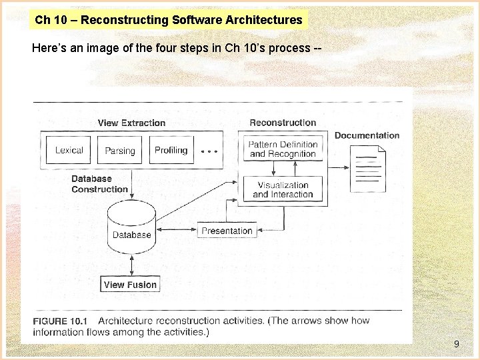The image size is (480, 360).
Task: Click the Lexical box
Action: (69, 150)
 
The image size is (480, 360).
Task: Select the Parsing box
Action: (120, 151)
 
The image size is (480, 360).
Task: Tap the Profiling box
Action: (171, 150)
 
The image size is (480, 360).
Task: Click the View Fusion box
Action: (130, 285)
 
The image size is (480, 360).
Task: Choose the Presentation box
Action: (227, 231)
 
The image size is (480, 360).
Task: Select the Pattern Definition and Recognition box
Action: (283, 149)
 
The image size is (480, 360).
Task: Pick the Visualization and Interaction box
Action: (283, 190)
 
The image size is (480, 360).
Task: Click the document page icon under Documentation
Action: (367, 171)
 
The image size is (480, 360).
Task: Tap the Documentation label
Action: (367, 135)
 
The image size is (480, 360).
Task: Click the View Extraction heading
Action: (131, 123)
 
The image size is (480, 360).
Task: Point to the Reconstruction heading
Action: (283, 123)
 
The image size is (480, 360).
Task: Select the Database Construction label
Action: (99, 184)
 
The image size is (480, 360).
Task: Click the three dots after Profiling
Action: (209, 151)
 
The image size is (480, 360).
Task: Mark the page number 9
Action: (456, 344)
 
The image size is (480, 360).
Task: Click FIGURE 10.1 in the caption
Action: (60, 321)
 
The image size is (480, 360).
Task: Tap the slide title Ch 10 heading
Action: (168, 20)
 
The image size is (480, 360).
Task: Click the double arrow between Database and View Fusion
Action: (131, 265)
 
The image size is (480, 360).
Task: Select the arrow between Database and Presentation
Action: (177, 231)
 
